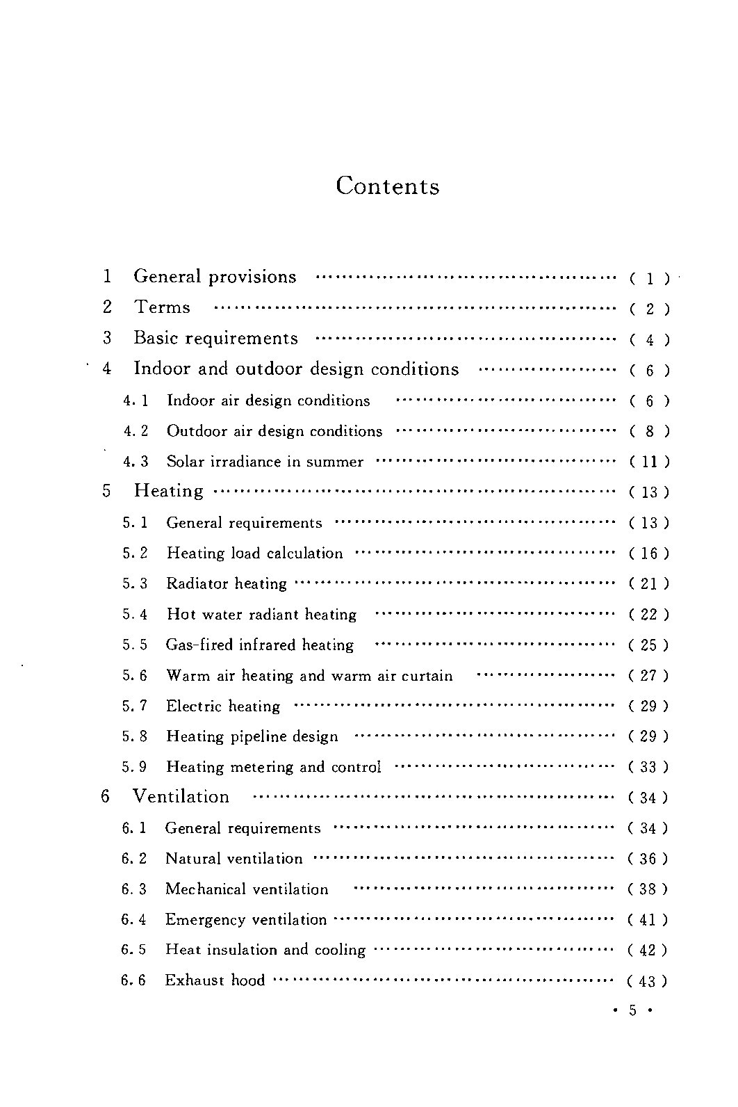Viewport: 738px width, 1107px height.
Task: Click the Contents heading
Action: pyautogui.click(x=387, y=186)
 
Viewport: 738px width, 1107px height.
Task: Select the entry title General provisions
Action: pyautogui.click(x=215, y=277)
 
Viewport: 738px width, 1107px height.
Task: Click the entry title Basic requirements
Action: pyautogui.click(x=215, y=339)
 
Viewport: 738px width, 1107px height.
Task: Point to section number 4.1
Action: pyautogui.click(x=136, y=401)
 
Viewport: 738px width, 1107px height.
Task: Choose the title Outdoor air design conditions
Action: pyautogui.click(x=274, y=432)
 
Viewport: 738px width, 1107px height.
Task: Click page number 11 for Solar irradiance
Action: pyautogui.click(x=649, y=462)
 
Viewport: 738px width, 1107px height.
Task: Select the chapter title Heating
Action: pyautogui.click(x=169, y=491)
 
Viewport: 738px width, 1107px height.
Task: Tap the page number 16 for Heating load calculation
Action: pyautogui.click(x=649, y=553)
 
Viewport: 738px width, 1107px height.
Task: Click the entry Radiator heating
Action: pyautogui.click(x=227, y=584)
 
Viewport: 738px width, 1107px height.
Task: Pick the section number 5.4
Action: pyautogui.click(x=136, y=615)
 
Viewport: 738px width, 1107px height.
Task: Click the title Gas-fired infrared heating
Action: pyautogui.click(x=260, y=645)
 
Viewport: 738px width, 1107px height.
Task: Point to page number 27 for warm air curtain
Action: pyautogui.click(x=648, y=676)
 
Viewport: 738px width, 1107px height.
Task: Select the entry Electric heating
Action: pyautogui.click(x=223, y=706)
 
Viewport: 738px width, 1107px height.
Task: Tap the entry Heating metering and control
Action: pyautogui.click(x=274, y=767)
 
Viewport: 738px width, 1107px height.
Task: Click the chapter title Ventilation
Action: pyautogui.click(x=181, y=797)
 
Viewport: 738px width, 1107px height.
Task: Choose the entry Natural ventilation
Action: pyautogui.click(x=234, y=859)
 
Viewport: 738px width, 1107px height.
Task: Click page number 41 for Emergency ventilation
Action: pyautogui.click(x=648, y=921)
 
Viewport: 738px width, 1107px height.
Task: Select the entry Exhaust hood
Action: pyautogui.click(x=215, y=980)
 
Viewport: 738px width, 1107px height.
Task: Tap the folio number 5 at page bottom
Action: pyautogui.click(x=632, y=1010)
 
